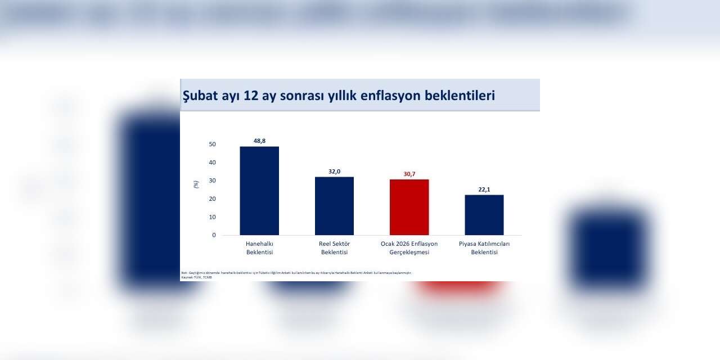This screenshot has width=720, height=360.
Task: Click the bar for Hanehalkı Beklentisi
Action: point(259,191)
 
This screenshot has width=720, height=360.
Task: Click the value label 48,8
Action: point(259,141)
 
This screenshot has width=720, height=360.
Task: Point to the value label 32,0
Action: point(334,171)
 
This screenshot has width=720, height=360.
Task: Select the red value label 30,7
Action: point(409,174)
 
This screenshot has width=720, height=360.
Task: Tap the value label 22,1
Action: point(484,190)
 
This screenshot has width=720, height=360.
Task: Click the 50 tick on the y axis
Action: point(212,145)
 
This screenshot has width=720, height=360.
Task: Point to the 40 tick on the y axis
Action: point(212,163)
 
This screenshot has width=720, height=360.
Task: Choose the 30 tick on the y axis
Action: point(212,181)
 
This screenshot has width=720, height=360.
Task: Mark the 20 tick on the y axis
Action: point(212,199)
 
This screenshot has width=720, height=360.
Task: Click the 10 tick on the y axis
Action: point(212,217)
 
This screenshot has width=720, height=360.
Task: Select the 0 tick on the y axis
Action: point(214,235)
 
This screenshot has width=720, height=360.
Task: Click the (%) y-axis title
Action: point(196,183)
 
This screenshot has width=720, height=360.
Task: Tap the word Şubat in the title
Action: point(197,96)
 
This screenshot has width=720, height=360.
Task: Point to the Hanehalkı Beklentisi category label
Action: point(259,248)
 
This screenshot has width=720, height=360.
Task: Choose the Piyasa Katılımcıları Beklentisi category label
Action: point(484,248)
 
